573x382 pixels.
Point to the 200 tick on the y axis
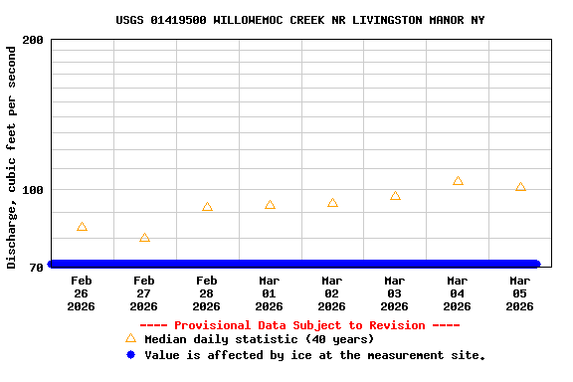click(33, 40)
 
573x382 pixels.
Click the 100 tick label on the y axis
click(33, 190)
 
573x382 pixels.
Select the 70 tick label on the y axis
click(36, 267)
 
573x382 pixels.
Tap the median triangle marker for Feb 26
click(82, 227)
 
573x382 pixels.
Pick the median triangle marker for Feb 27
click(144, 238)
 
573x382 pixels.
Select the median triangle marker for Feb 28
click(207, 207)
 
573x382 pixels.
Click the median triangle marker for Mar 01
click(270, 205)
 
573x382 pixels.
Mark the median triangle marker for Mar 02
click(332, 203)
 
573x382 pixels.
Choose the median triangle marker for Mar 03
click(395, 196)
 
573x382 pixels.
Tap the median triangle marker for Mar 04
click(458, 181)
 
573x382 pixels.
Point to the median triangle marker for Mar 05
click(520, 187)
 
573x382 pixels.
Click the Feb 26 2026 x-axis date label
click(82, 293)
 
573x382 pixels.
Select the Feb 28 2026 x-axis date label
click(207, 293)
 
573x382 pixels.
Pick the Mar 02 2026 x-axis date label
click(332, 293)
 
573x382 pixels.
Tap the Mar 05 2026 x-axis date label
click(520, 293)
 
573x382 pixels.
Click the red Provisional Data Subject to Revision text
click(299, 325)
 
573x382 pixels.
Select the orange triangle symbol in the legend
click(130, 338)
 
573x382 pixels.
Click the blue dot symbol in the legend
click(130, 355)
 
